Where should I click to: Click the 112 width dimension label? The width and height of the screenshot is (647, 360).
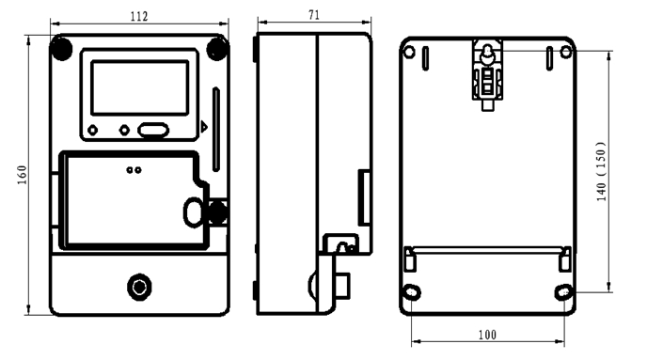(x=139, y=17)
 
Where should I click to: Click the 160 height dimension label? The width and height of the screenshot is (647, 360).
(x=22, y=175)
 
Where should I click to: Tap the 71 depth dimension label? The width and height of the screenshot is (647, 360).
(x=314, y=15)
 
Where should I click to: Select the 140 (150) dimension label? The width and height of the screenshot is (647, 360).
(x=602, y=171)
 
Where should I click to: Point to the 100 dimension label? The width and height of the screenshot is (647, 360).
(x=487, y=335)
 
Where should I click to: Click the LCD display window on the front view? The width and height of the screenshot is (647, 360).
(x=140, y=87)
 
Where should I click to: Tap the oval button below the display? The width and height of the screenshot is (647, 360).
(x=153, y=131)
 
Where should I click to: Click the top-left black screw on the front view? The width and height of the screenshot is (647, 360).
(x=61, y=48)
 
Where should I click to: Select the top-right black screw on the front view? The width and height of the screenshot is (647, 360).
(x=217, y=48)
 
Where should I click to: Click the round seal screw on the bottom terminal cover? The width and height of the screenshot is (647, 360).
(x=139, y=287)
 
